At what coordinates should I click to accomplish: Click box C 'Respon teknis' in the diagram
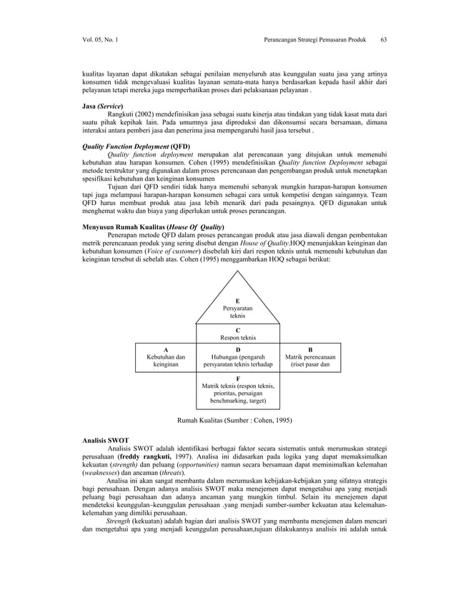(238, 334)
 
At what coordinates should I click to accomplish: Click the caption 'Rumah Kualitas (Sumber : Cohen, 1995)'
(234, 420)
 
